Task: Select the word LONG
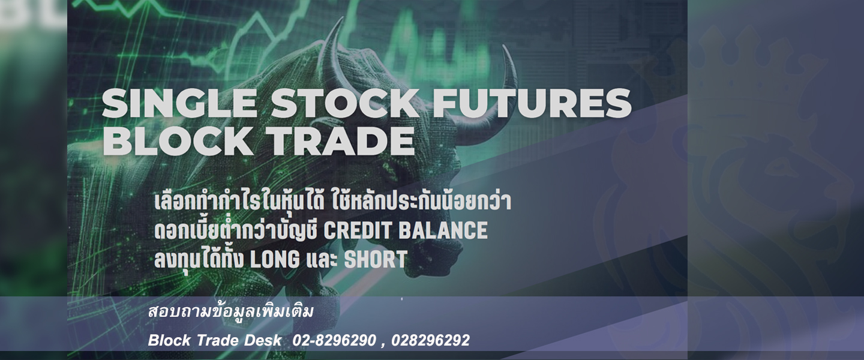(x=275, y=259)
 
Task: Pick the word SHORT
(x=376, y=259)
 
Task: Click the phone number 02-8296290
(x=334, y=340)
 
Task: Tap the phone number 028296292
(x=430, y=340)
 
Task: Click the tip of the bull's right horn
(x=503, y=46)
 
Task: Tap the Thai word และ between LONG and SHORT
(x=322, y=260)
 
